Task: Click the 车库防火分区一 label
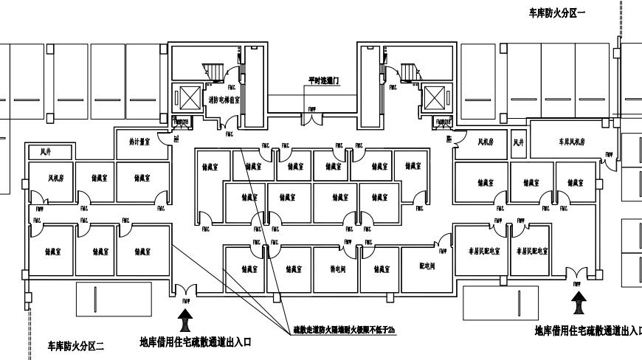pos(557,13)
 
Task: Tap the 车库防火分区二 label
pos(77,345)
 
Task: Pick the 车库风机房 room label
pos(571,140)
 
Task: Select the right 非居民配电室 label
pos(532,252)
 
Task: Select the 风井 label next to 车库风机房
pos(518,140)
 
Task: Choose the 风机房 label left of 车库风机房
pos(484,140)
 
